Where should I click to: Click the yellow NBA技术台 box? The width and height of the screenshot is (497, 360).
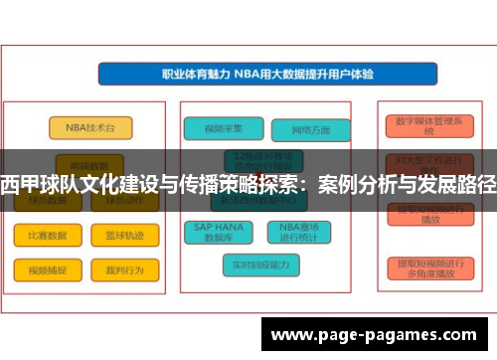pyautogui.click(x=89, y=127)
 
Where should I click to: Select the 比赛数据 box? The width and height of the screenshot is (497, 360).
pyautogui.click(x=47, y=235)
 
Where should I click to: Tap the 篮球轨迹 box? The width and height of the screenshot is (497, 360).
pyautogui.click(x=124, y=235)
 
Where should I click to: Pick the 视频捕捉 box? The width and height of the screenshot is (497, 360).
pyautogui.click(x=47, y=270)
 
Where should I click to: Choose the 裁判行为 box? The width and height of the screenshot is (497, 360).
pyautogui.click(x=124, y=270)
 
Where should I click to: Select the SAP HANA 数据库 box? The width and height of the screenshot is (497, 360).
pyautogui.click(x=221, y=232)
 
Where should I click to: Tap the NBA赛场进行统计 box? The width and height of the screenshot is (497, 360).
pyautogui.click(x=304, y=232)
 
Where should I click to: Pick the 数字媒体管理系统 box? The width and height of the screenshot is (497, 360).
pyautogui.click(x=428, y=125)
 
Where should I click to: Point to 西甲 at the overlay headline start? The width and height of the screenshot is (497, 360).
pyautogui.click(x=17, y=185)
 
